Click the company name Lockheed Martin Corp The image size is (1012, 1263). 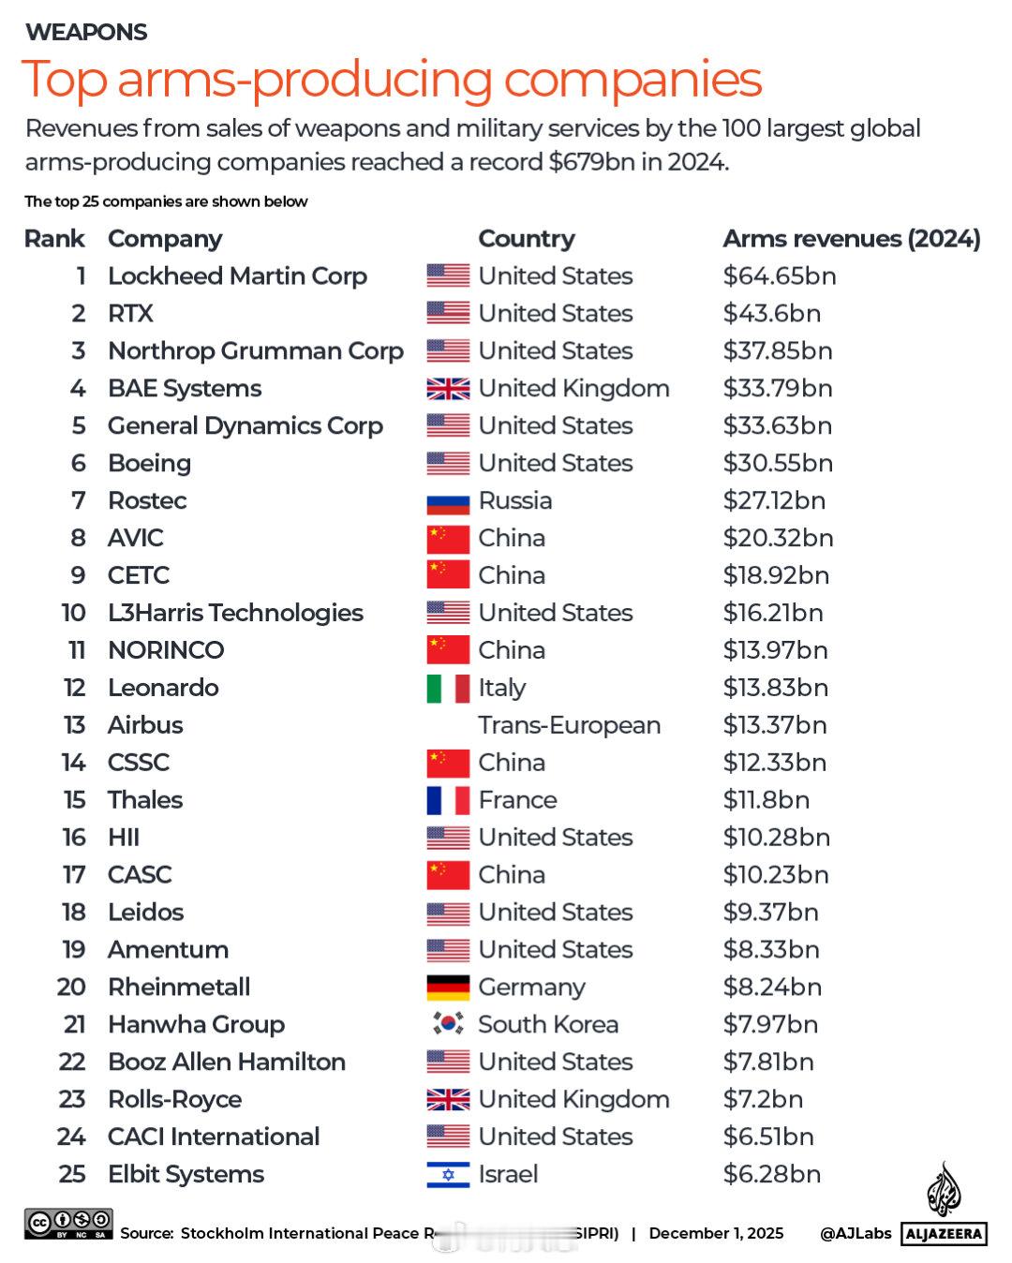pos(237,276)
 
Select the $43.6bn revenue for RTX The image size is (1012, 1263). pos(771,314)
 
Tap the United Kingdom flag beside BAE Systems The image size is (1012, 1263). pos(448,389)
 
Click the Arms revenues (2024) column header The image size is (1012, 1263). pos(851,239)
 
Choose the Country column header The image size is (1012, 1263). pos(526,239)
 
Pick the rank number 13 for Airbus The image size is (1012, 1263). pos(74,725)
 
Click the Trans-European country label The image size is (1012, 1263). pos(569,725)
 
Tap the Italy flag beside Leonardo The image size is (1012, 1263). pos(448,689)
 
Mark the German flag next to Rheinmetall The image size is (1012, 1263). pos(448,988)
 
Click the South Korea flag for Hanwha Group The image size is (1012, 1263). pos(448,1024)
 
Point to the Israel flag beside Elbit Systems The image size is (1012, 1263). pos(448,1175)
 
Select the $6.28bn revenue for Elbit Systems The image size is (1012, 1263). pos(771,1175)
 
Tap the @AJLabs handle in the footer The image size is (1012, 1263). pos(855,1233)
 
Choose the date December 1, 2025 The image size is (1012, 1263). pos(716,1233)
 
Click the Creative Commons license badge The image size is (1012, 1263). pos(68,1225)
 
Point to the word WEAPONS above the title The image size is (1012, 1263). pos(86,32)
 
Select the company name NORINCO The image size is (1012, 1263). pos(166,650)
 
